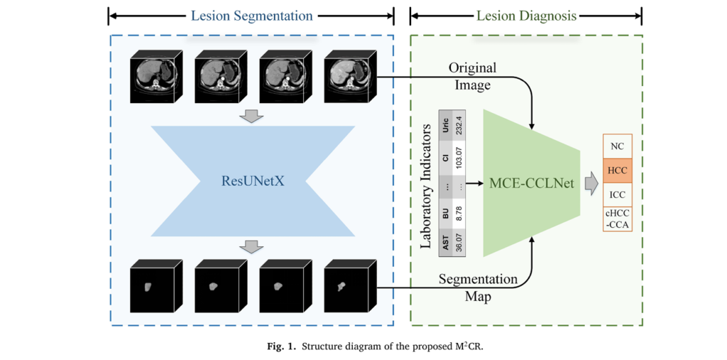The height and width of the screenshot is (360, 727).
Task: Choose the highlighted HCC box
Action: (x=616, y=170)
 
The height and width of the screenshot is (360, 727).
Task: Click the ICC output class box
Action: (x=616, y=194)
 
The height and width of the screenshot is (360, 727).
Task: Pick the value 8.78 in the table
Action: (x=459, y=214)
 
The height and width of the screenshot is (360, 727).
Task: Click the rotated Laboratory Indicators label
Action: (x=426, y=186)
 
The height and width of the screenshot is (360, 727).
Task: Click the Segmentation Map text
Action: (x=471, y=288)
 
